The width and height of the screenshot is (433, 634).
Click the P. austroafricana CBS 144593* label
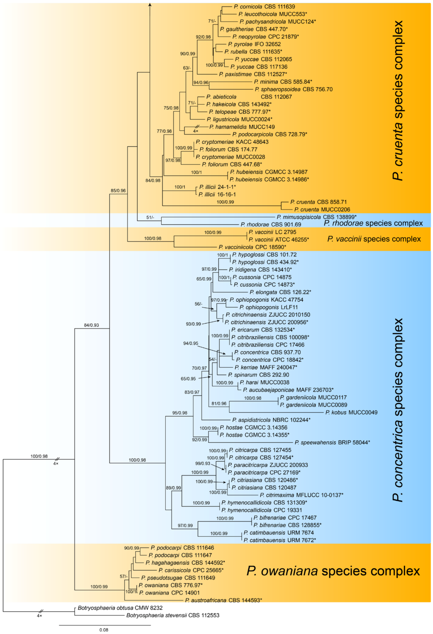pos(223,600)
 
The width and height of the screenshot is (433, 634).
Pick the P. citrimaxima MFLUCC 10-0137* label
pos(301,495)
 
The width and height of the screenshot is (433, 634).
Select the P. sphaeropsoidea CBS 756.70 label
pos(293,89)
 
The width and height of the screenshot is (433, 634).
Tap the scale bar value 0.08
pos(104,630)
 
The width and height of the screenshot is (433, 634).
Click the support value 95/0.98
pos(180,413)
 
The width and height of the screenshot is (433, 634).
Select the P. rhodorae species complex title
pos(373,223)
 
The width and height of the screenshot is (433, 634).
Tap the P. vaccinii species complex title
pos(374,239)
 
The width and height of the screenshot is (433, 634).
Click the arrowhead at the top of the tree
pos(150,4)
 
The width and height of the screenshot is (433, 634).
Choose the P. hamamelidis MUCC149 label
pos(242,127)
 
